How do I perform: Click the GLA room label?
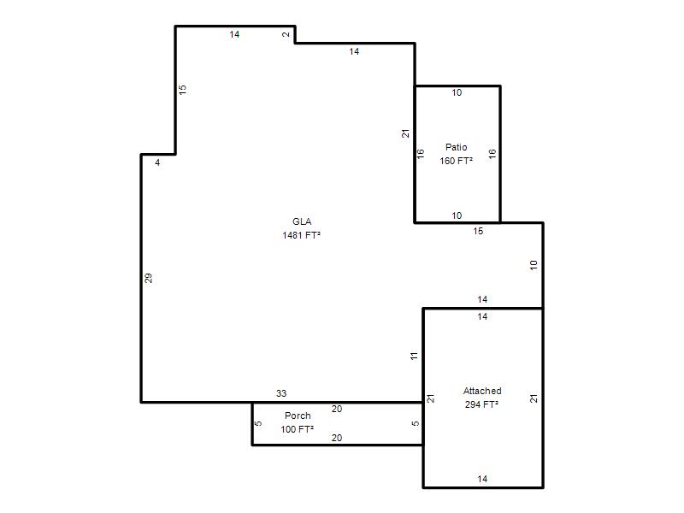[302, 221]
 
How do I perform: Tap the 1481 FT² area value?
[302, 235]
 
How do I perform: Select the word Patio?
[457, 147]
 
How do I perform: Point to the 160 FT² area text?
[457, 161]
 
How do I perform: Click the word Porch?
[298, 416]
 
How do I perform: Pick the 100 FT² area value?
[297, 429]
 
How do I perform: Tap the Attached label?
[482, 391]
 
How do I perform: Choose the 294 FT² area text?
[481, 404]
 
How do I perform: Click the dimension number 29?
[148, 278]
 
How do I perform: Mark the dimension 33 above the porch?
[281, 393]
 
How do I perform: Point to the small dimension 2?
[286, 34]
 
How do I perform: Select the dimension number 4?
[157, 162]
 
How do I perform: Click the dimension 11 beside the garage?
[414, 356]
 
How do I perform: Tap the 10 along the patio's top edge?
[457, 92]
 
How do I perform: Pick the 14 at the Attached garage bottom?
[482, 479]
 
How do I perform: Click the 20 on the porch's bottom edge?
[337, 438]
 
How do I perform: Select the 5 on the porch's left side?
[258, 423]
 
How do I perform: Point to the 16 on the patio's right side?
[492, 154]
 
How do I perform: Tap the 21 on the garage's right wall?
[534, 398]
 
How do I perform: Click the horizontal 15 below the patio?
[478, 231]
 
